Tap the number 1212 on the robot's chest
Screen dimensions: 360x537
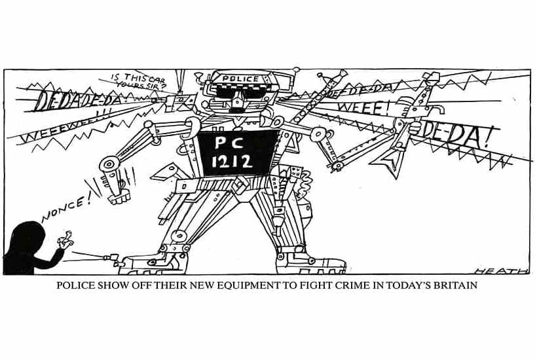coord(232,162)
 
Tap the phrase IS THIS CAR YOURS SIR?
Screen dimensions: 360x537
coord(141,82)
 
